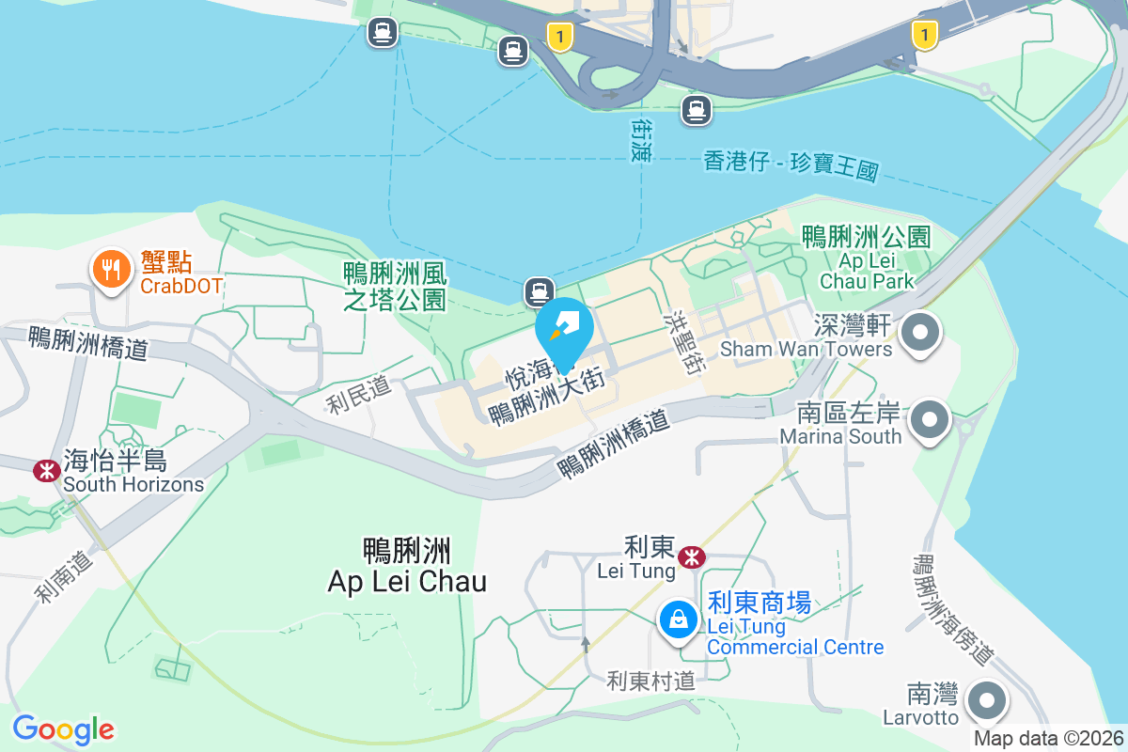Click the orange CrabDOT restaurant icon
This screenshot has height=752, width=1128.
(111, 270)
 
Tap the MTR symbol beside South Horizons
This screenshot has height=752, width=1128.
(44, 471)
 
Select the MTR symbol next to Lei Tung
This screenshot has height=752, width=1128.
(692, 556)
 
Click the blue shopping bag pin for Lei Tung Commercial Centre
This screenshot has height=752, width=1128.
(677, 619)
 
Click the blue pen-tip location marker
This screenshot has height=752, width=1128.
(564, 330)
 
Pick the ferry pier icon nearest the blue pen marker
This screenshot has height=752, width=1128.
(539, 290)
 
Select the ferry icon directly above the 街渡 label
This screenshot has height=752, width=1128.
(697, 110)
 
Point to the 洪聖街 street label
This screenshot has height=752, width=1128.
(684, 344)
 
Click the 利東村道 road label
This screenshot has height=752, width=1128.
(650, 681)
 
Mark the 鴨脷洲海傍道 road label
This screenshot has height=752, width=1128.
(952, 610)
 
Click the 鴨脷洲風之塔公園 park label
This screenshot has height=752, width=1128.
(395, 287)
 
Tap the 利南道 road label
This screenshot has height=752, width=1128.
(67, 575)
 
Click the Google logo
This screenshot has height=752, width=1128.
(63, 729)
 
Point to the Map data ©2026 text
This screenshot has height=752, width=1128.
(1048, 739)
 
